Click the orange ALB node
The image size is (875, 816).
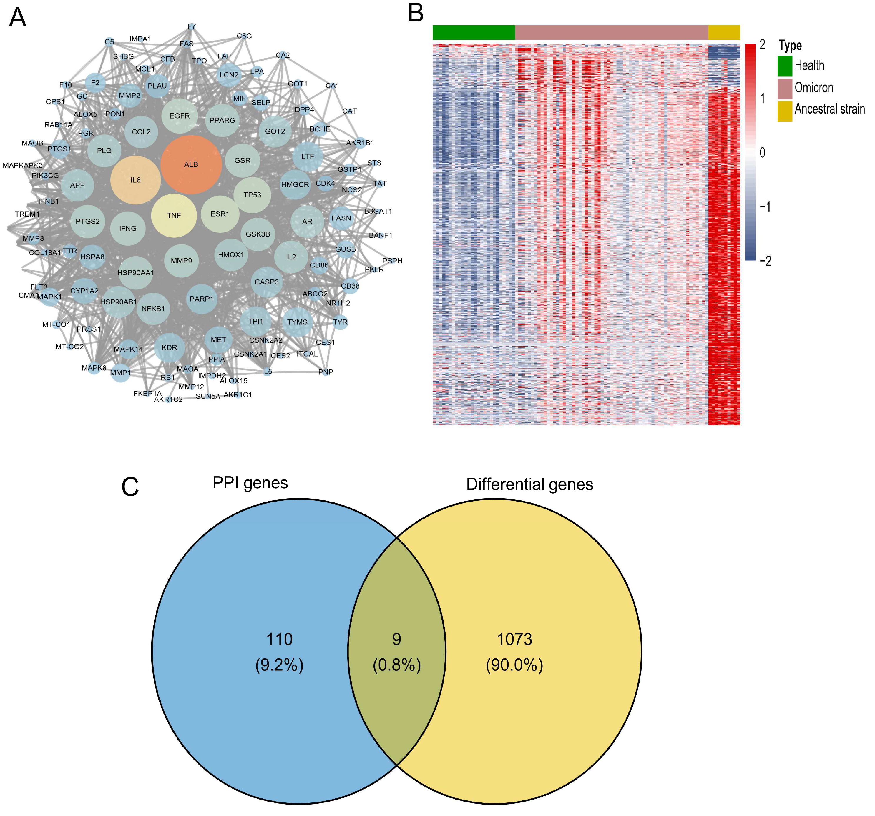coord(191,164)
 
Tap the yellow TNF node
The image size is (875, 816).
coord(174,215)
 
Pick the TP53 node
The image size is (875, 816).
coord(252,194)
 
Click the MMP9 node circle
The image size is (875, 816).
coord(181,260)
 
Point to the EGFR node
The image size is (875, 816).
coord(180,116)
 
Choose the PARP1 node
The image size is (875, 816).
coord(202,299)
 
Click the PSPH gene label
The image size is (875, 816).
coord(392,260)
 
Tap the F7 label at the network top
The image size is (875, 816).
coord(192,26)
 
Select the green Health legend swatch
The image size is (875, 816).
coord(785,66)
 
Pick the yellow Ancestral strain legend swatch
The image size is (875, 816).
coord(785,111)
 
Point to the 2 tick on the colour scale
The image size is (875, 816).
coord(762,44)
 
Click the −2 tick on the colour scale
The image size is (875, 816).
coord(765,261)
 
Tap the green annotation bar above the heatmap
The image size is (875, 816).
coord(474,33)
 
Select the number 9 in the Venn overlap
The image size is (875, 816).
coord(396,639)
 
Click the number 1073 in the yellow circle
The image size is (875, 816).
coord(514,639)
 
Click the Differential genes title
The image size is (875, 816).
coord(529,484)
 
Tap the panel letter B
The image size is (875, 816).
coord(416,13)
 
